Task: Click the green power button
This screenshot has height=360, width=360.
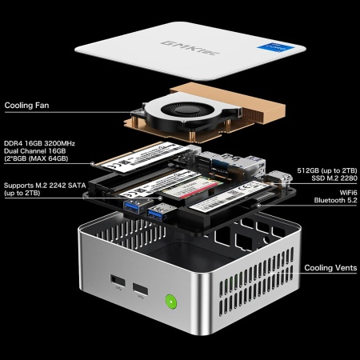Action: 170,303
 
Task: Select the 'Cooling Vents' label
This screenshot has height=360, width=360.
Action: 330,268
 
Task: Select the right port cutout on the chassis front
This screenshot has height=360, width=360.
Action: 141,290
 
